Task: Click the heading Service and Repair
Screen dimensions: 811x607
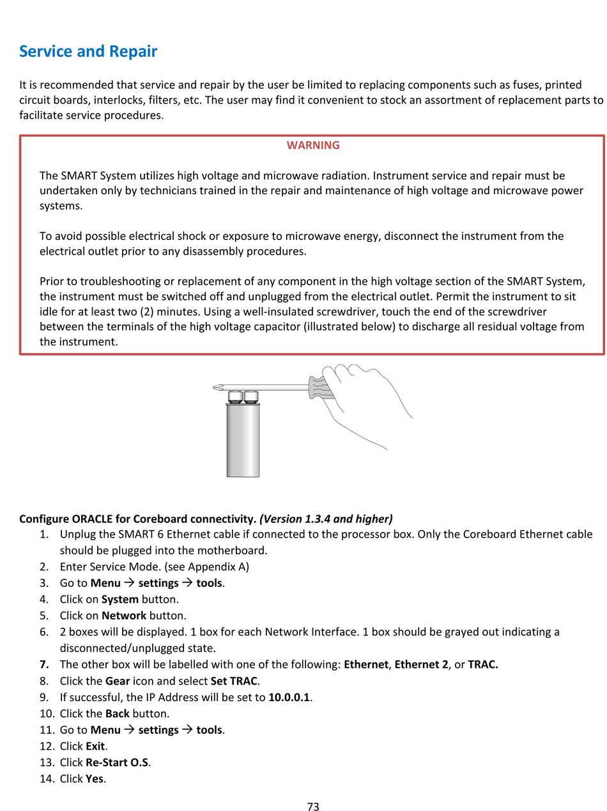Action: [88, 51]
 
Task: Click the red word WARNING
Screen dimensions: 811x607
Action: [313, 145]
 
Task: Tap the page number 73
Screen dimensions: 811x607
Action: [313, 807]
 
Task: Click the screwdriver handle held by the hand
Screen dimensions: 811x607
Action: [321, 387]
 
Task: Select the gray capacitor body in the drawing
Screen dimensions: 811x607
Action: [243, 441]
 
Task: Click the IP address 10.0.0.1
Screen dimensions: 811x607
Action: [289, 697]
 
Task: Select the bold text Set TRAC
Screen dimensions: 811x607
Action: [234, 681]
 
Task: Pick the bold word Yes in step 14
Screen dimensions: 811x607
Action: [94, 778]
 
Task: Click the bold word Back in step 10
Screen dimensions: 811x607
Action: [117, 713]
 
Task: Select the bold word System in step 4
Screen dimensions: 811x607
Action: [119, 599]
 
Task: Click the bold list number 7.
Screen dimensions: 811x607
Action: [43, 664]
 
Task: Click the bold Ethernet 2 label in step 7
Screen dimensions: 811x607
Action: [421, 664]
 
